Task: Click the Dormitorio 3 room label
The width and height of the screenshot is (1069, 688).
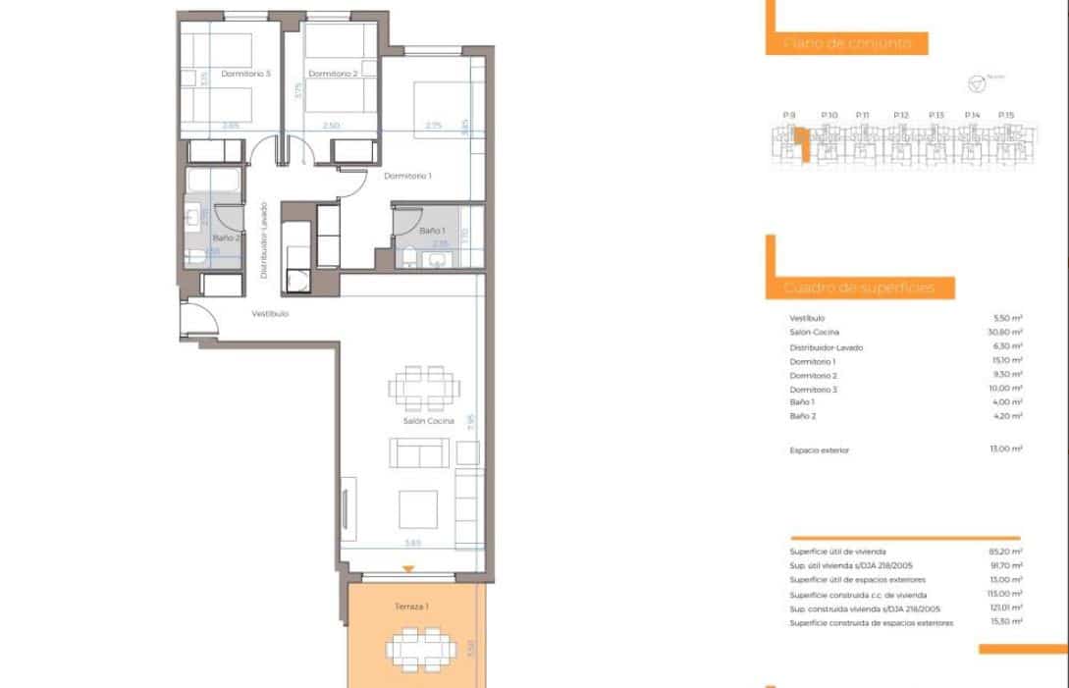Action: pos(245,74)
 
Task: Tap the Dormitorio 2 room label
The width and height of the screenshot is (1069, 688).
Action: pos(332,74)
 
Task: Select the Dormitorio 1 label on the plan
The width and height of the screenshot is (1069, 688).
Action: pos(408,176)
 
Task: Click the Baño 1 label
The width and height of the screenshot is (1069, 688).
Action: pos(432,231)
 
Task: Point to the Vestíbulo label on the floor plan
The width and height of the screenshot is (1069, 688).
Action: pos(270,314)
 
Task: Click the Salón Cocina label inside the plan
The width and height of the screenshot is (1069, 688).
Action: pos(429,421)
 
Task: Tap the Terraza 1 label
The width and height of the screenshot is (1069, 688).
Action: pos(411,607)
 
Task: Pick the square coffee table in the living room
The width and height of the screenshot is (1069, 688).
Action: pos(418,509)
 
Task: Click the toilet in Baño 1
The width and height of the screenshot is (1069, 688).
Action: pos(409,258)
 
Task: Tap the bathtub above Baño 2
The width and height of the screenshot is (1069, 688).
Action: pos(214,183)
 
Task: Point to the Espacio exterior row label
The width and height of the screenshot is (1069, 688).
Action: pos(819,450)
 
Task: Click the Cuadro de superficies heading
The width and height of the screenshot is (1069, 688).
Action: pos(854,289)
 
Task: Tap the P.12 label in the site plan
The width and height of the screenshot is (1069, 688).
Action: pos(902,116)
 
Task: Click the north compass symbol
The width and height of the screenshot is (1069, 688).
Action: pos(975,83)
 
